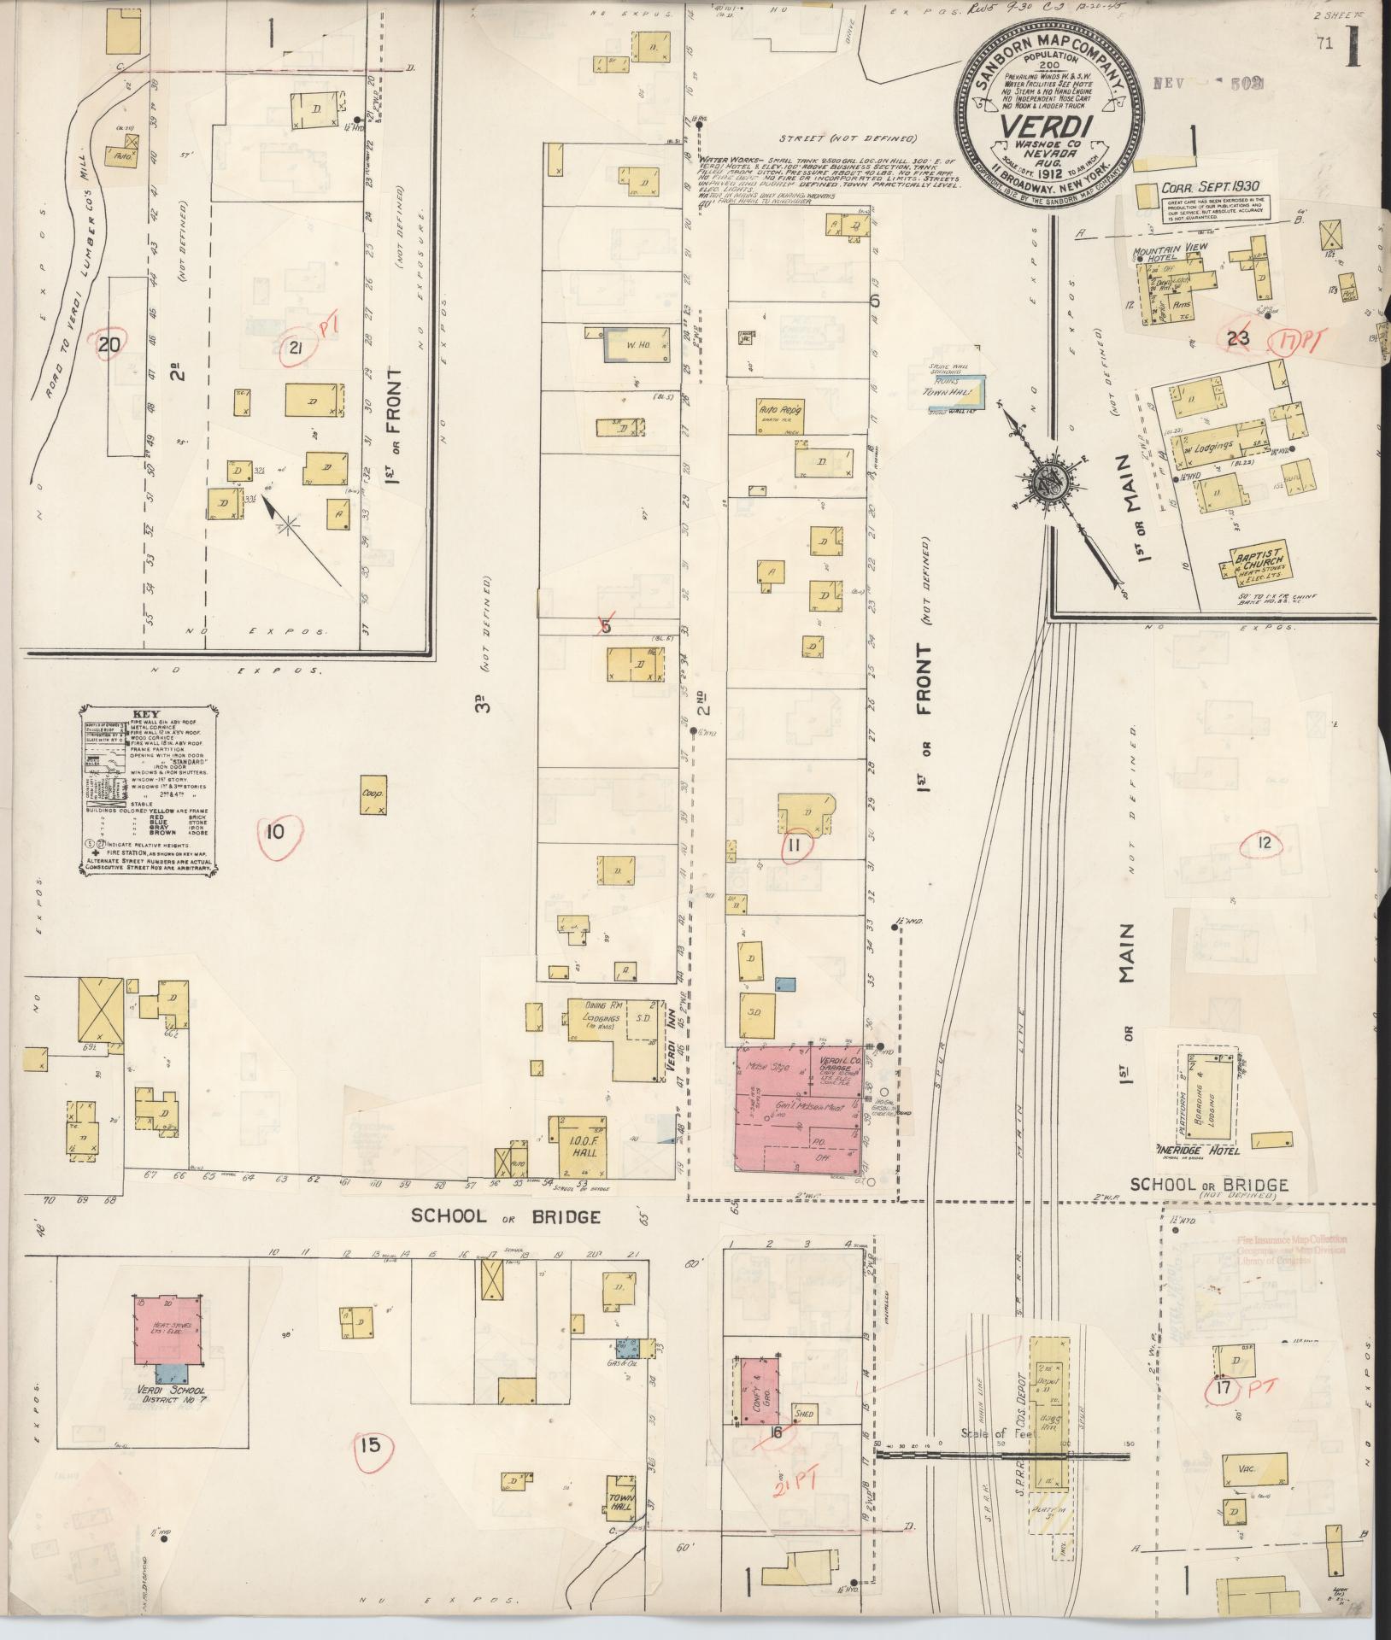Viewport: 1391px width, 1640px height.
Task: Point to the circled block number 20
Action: click(109, 345)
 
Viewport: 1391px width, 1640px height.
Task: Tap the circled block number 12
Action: click(1265, 843)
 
